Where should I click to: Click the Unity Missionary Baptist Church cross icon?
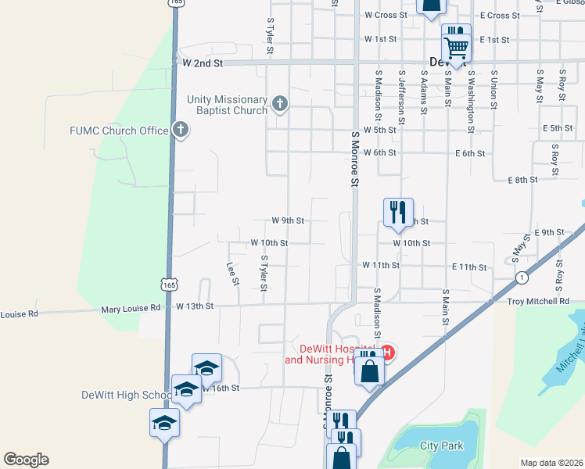click(x=280, y=103)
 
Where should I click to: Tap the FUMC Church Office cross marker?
click(x=181, y=130)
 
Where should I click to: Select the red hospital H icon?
click(x=386, y=353)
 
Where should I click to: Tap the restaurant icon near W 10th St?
click(x=398, y=211)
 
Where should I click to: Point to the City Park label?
click(x=442, y=446)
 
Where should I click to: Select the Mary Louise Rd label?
click(x=131, y=309)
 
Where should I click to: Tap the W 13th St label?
click(x=195, y=306)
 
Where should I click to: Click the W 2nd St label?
click(x=203, y=61)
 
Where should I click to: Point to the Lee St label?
click(x=232, y=273)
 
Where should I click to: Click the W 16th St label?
click(x=220, y=388)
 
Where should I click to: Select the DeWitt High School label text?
click(x=125, y=395)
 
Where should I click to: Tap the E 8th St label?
click(x=522, y=180)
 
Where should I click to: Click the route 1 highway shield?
click(x=520, y=277)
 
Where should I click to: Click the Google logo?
click(x=26, y=460)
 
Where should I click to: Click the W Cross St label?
click(x=386, y=15)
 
